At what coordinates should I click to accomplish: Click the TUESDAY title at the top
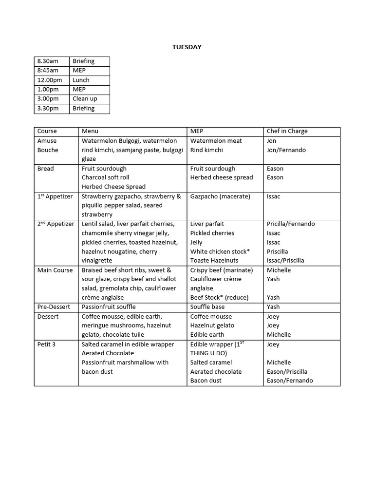[x=187, y=47]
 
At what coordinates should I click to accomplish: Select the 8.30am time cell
[x=48, y=61]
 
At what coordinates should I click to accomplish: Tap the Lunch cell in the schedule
[x=81, y=80]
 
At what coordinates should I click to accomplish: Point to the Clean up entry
[x=85, y=98]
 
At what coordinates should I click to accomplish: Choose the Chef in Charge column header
[x=287, y=131]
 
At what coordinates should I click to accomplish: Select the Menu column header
[x=90, y=131]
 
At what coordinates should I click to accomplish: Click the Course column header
[x=47, y=131]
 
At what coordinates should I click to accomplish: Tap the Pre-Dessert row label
[x=54, y=307]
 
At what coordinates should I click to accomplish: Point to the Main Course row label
[x=55, y=270]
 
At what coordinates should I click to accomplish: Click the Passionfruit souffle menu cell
[x=109, y=307]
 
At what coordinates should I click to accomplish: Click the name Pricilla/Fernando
[x=291, y=224]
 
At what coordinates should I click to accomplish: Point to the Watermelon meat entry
[x=216, y=141]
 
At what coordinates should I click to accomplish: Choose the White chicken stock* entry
[x=220, y=251]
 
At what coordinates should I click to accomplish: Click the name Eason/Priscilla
[x=287, y=371]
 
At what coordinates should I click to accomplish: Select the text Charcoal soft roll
[x=105, y=177]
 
